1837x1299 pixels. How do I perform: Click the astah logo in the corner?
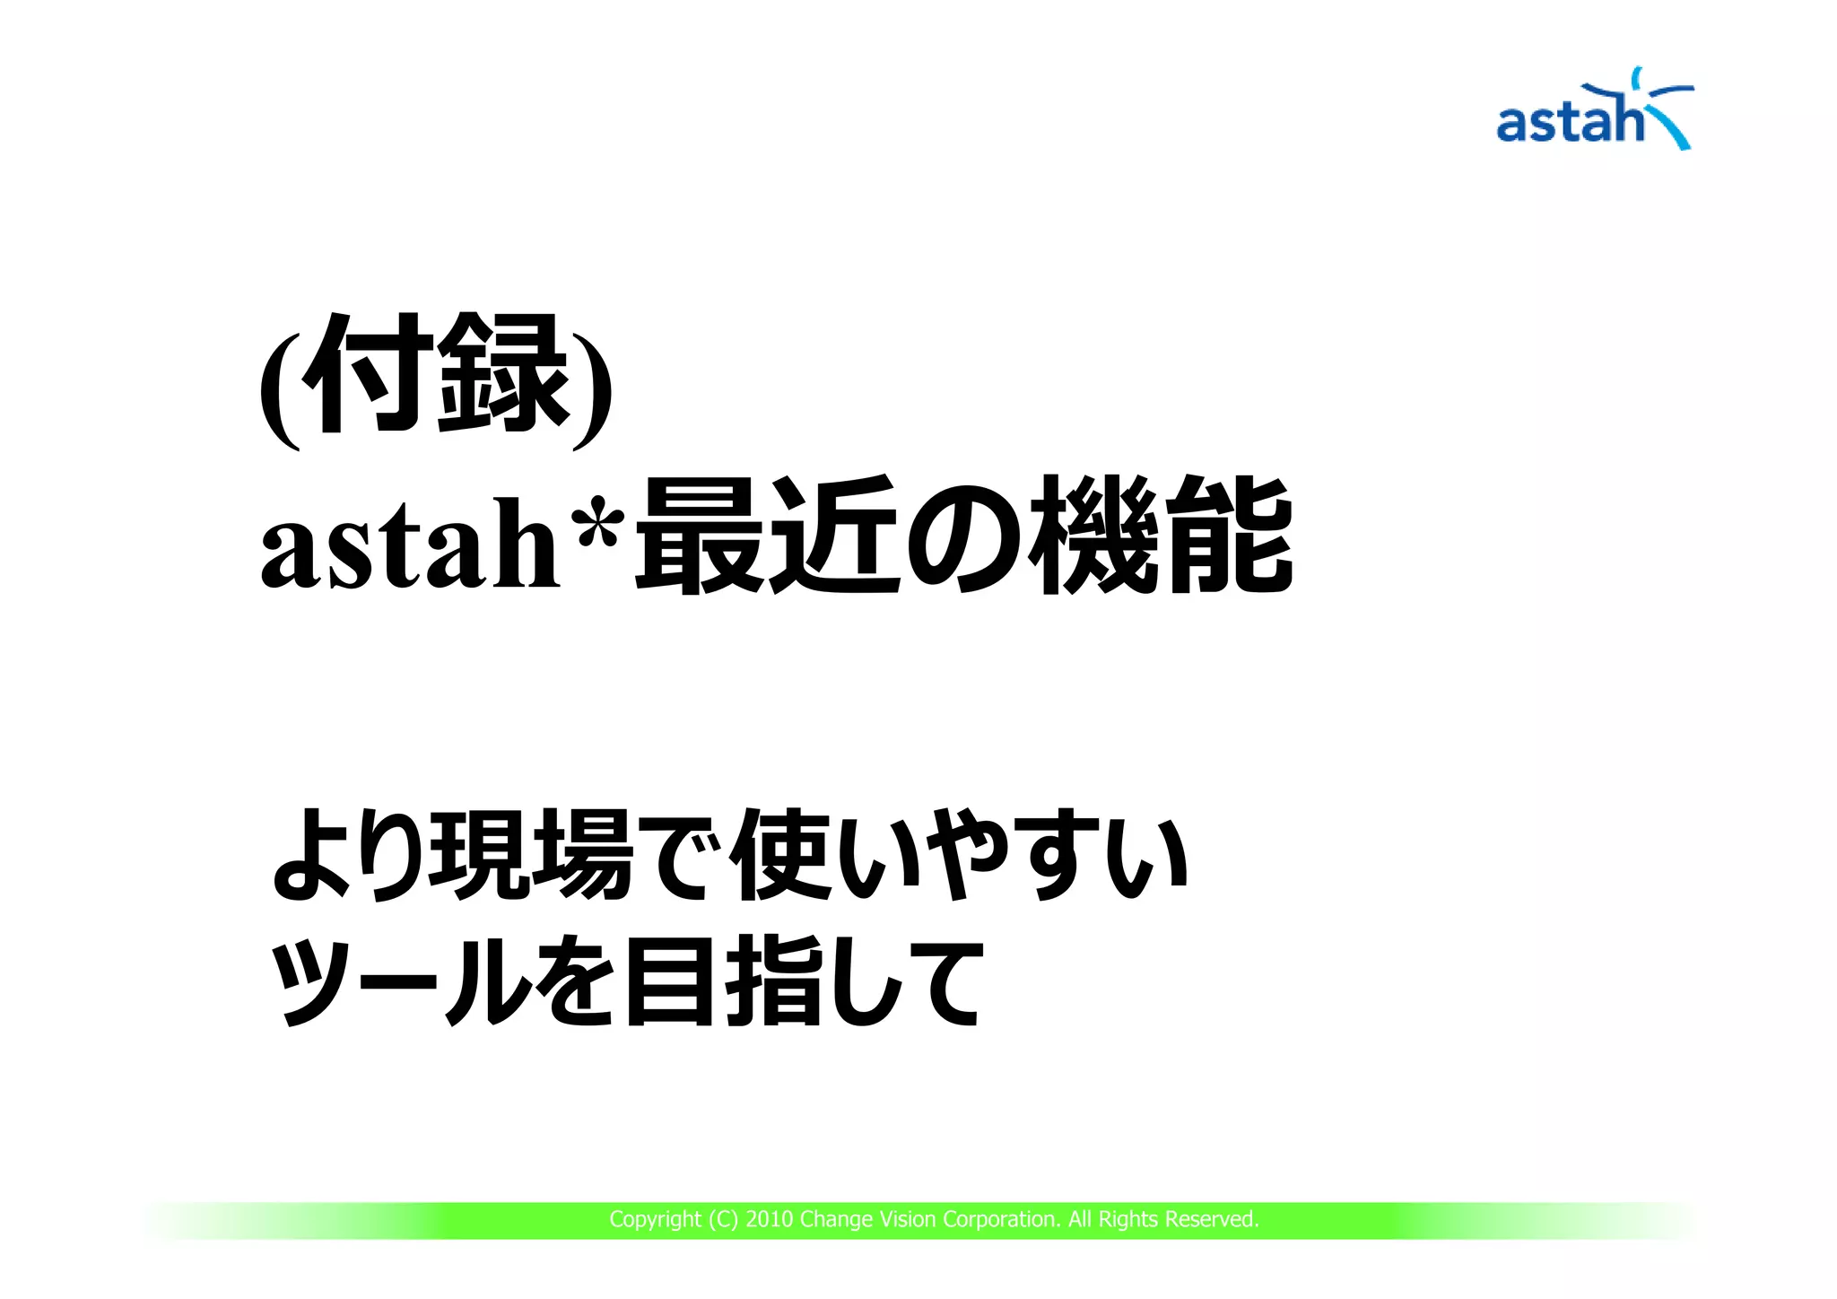(1594, 112)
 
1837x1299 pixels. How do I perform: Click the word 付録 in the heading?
(437, 374)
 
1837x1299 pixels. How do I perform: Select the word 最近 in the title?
(767, 536)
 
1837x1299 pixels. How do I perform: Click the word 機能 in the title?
(1162, 536)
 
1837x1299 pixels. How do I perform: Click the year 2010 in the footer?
(769, 1220)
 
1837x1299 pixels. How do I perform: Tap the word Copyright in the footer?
(655, 1220)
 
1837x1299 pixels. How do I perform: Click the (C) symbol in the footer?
(722, 1220)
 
